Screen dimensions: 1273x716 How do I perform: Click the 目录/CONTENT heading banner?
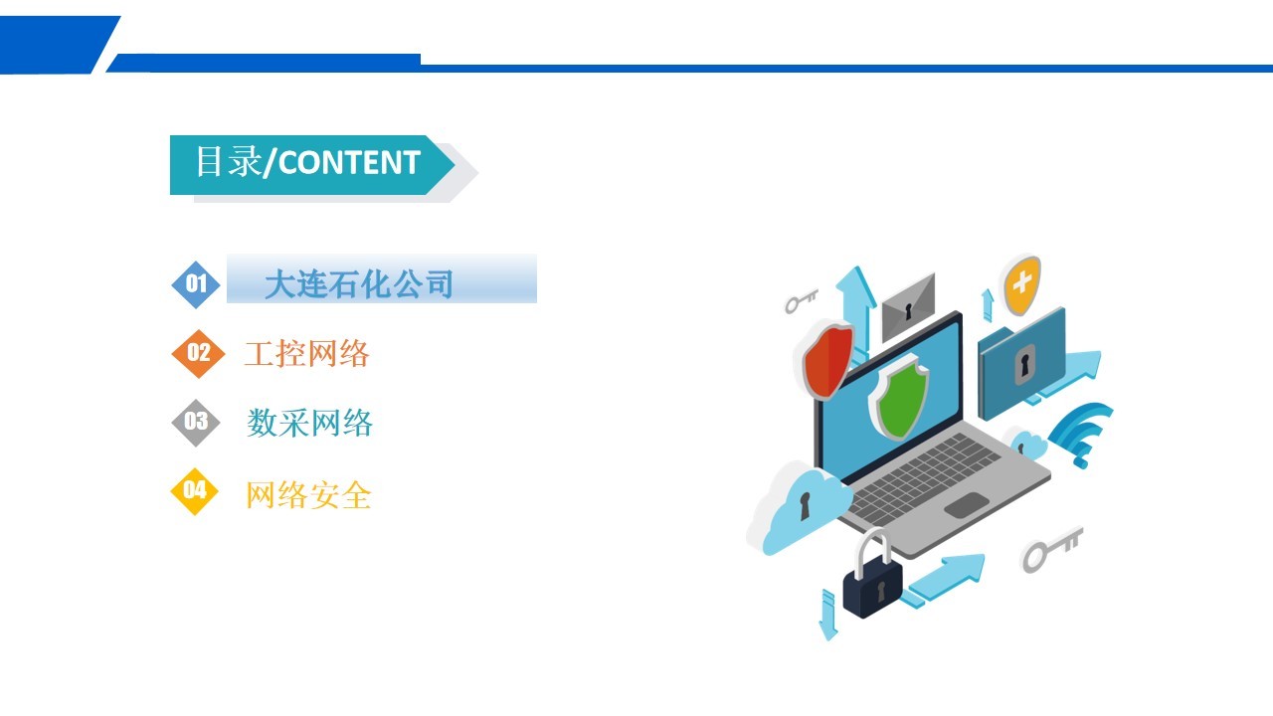312,165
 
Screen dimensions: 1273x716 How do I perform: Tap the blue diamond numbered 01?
196,284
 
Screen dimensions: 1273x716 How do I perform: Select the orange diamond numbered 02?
198,353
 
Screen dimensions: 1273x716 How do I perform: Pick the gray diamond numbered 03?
196,423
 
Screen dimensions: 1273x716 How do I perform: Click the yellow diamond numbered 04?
195,491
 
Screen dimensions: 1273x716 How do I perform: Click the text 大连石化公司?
359,284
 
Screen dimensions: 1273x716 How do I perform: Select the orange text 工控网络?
307,353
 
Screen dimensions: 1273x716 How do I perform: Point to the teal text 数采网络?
309,423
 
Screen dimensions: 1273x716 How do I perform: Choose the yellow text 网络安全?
308,495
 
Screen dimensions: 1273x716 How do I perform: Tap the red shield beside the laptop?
827,360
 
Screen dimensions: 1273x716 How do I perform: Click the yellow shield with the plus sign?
1021,285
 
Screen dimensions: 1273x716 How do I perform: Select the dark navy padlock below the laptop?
871,579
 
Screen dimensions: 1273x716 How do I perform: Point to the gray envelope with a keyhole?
908,308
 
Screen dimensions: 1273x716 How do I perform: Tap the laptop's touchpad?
967,505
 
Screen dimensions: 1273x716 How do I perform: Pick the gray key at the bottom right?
1052,549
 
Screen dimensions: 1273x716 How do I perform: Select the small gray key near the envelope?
802,301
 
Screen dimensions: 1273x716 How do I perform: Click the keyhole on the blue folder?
1024,363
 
